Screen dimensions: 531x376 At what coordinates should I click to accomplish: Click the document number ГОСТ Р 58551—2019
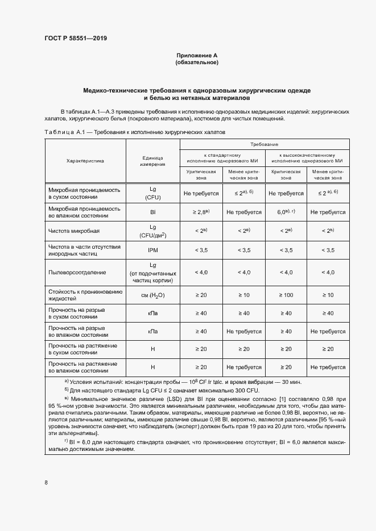tap(76, 39)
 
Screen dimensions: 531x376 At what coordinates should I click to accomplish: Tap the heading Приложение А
tap(197, 55)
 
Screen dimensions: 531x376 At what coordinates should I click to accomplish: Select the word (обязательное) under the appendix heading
tap(197, 62)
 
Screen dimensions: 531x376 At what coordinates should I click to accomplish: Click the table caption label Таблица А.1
tap(64, 132)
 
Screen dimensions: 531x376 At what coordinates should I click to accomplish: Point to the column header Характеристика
tap(85, 161)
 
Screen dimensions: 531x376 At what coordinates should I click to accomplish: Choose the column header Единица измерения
tap(152, 161)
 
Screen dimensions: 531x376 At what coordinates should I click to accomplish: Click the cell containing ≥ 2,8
tap(201, 212)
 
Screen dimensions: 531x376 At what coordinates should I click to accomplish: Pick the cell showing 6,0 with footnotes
tap(286, 212)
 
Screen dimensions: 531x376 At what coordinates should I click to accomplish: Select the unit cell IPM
tap(152, 250)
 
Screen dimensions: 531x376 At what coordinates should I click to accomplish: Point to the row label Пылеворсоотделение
tap(77, 273)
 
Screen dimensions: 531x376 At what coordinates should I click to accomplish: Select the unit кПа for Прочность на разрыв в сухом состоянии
tap(152, 313)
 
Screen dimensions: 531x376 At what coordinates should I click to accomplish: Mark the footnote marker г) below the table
tap(67, 440)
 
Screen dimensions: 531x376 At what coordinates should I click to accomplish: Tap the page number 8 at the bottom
tap(46, 483)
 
